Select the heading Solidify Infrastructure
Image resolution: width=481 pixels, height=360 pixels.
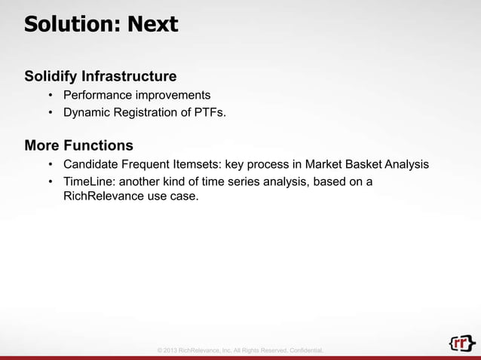pos(100,76)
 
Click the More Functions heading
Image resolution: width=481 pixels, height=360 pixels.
pos(78,145)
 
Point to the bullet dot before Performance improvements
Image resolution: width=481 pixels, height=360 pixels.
pos(50,96)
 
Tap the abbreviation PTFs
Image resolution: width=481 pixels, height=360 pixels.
pos(207,114)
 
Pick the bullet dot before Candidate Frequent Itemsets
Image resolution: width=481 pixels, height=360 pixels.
pos(50,164)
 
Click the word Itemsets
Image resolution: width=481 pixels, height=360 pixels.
pos(189,164)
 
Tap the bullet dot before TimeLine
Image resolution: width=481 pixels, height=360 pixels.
pos(50,182)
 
